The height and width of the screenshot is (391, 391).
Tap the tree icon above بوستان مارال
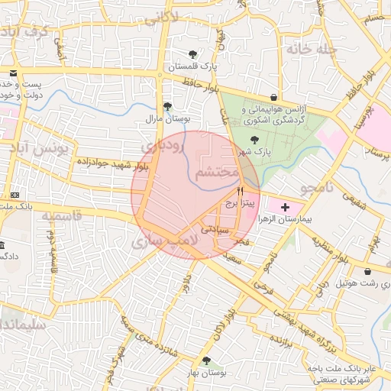(167, 107)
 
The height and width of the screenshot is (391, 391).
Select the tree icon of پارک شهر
(254, 139)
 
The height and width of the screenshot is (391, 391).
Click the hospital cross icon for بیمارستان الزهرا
(286, 207)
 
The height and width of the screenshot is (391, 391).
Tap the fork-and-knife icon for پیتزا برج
(241, 191)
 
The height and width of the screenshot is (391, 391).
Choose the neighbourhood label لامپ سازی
(165, 242)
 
